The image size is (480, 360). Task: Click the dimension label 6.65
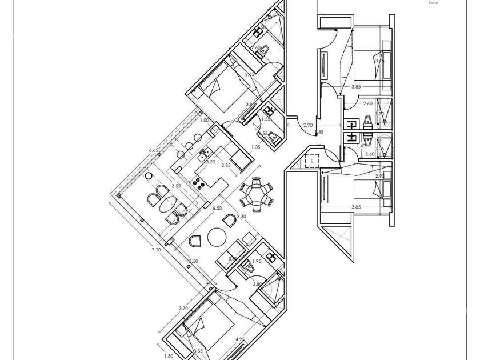[x=153, y=150]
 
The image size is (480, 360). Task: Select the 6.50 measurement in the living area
[x=217, y=208]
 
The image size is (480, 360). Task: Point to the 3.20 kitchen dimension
[x=210, y=162]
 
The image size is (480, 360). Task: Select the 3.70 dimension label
[x=183, y=308]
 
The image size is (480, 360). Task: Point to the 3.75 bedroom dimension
[x=379, y=60]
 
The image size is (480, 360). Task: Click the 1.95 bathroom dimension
[x=257, y=261]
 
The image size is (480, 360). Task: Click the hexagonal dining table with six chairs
[x=256, y=195]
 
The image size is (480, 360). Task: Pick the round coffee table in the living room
[x=217, y=236]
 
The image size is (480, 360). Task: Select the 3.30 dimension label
[x=241, y=217]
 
